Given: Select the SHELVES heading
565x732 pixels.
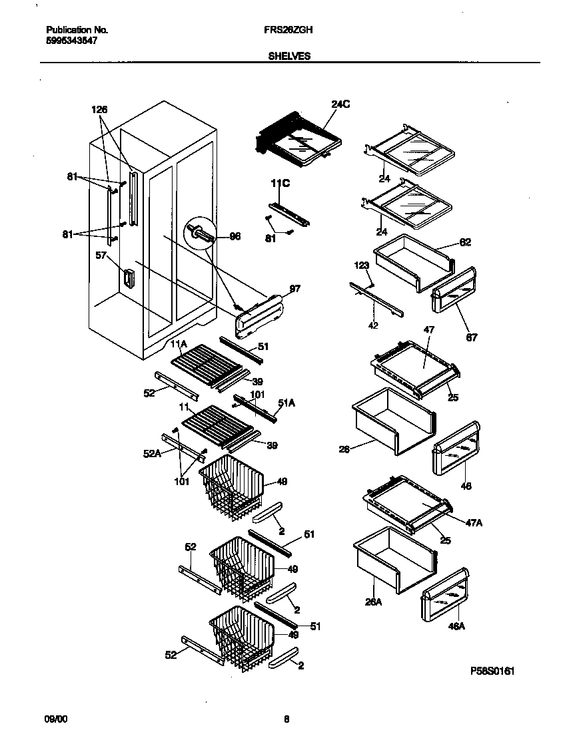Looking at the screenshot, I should click(289, 57).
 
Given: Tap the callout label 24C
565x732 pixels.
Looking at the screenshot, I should click(340, 104).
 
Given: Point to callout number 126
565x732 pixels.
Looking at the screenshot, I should click(99, 110).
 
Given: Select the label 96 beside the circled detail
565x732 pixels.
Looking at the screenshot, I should click(235, 236).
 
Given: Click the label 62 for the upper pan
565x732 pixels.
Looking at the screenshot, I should click(464, 242).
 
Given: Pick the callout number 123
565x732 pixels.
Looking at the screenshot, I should click(362, 266).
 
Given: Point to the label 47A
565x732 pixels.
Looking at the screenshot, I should click(474, 524).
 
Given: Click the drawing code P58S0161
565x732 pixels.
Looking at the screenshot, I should click(492, 671).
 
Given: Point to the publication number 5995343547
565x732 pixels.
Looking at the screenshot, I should click(72, 40).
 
